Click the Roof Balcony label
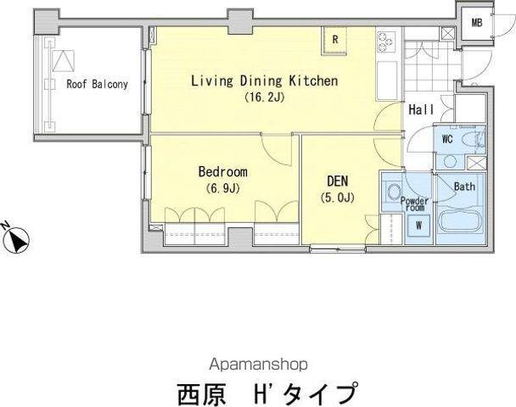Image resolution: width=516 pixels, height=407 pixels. (97, 84)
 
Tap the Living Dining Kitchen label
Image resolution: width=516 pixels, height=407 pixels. (265, 81)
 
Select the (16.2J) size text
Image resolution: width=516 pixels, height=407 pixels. (264, 98)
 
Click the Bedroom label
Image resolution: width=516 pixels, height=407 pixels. (223, 171)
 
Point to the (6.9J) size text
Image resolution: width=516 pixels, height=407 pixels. (223, 188)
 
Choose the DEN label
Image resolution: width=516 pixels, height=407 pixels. (337, 181)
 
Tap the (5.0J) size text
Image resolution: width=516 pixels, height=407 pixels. (337, 198)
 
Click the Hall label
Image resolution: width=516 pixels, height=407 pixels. (421, 109)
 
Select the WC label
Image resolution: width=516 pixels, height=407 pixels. (447, 139)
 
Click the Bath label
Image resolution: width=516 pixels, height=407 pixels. (465, 187)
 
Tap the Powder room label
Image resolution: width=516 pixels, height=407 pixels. (414, 204)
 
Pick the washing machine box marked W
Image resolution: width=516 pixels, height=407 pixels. (418, 226)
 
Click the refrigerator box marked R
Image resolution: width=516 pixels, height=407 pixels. (335, 40)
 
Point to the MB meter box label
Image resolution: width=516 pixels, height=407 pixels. (477, 23)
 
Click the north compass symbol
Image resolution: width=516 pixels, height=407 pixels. (16, 238)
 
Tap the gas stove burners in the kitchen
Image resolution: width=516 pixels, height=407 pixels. (385, 42)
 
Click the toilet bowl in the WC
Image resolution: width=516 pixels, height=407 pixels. (471, 139)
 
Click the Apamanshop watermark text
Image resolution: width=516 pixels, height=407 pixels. (258, 365)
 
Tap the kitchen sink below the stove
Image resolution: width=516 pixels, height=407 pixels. (387, 81)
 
